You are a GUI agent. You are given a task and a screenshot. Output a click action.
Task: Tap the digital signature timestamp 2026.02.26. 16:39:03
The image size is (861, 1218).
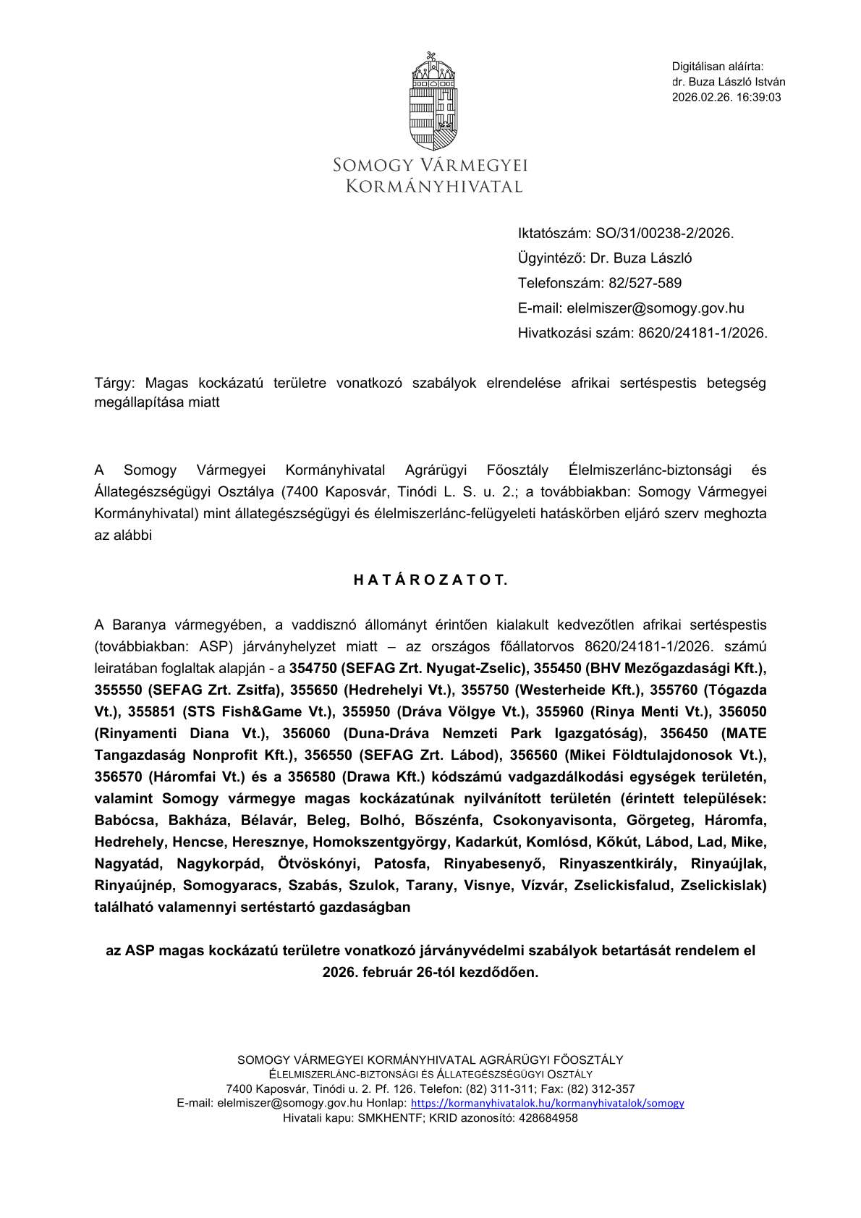pyautogui.click(x=726, y=98)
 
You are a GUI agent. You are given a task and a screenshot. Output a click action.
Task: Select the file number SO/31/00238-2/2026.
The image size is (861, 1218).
pyautogui.click(x=664, y=233)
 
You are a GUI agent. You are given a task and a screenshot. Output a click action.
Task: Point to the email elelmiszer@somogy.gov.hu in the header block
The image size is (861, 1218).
pyautogui.click(x=655, y=308)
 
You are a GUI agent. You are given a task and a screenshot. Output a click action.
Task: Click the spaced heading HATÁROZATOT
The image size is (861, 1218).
pyautogui.click(x=430, y=580)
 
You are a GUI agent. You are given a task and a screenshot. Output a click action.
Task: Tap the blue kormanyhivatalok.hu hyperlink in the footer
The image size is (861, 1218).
pyautogui.click(x=547, y=1103)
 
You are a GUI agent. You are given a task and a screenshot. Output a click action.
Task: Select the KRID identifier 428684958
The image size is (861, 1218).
pyautogui.click(x=548, y=1117)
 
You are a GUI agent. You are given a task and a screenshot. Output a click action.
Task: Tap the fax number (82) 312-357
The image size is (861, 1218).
pyautogui.click(x=601, y=1088)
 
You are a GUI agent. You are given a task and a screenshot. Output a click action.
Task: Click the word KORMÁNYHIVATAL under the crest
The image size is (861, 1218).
pyautogui.click(x=433, y=187)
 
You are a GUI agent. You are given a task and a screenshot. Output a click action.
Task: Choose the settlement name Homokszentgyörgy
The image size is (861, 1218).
pyautogui.click(x=381, y=842)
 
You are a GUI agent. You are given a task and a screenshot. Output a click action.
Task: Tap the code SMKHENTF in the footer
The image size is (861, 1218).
pyautogui.click(x=391, y=1117)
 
